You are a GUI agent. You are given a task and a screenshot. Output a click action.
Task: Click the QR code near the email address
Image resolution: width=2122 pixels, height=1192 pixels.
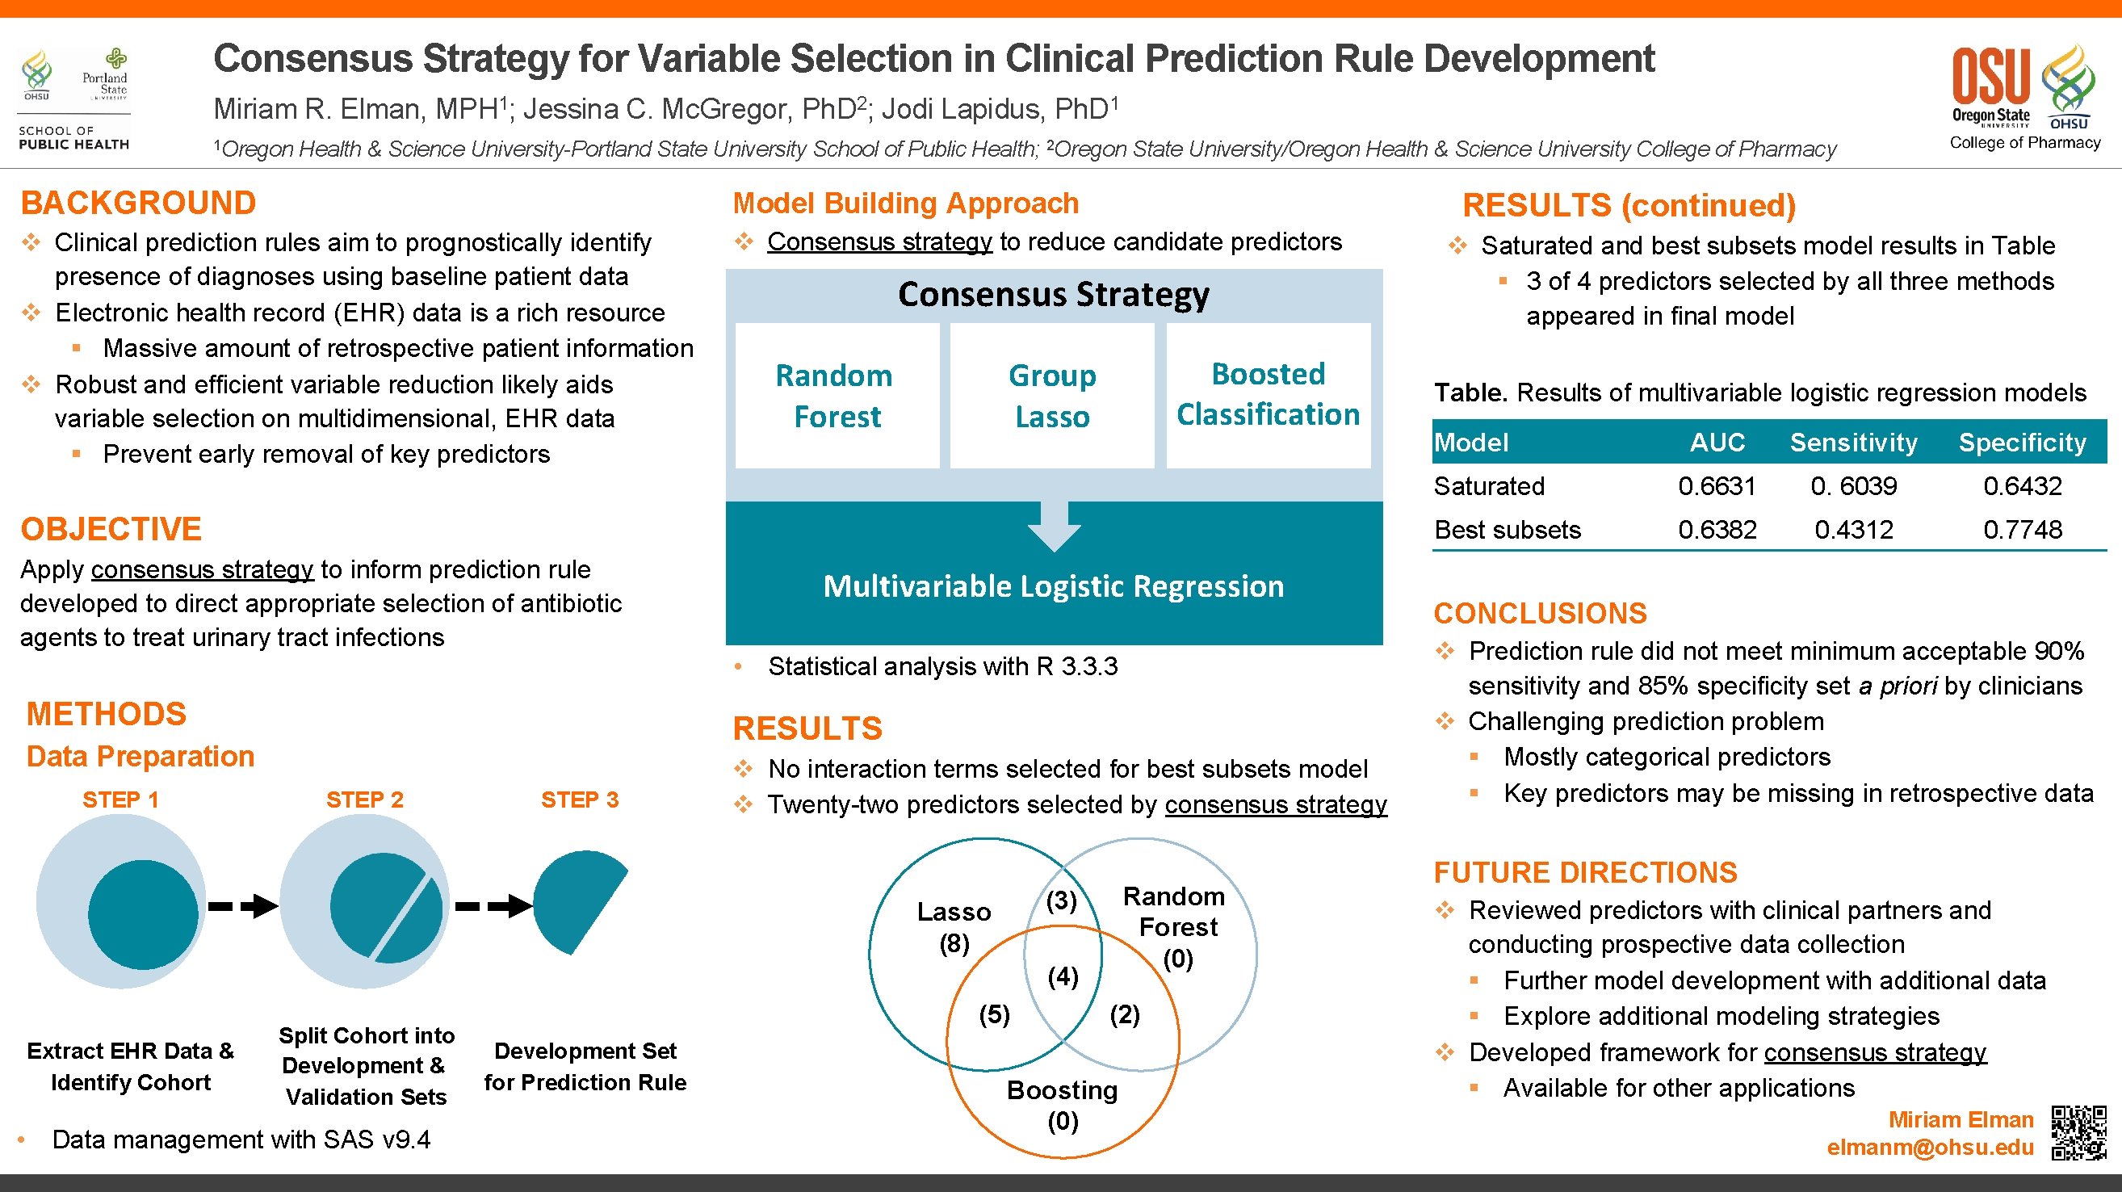pyautogui.click(x=2078, y=1131)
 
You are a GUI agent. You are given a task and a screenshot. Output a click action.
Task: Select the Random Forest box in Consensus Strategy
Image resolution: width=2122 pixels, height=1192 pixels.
pyautogui.click(x=836, y=397)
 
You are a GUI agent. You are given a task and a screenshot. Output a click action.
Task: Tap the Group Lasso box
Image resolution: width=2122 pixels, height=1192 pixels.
pyautogui.click(x=1052, y=397)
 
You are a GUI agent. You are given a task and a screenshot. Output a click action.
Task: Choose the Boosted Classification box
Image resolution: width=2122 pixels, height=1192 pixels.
pyautogui.click(x=1268, y=395)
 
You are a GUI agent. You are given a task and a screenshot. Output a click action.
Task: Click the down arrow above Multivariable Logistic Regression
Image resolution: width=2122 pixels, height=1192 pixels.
pyautogui.click(x=1055, y=527)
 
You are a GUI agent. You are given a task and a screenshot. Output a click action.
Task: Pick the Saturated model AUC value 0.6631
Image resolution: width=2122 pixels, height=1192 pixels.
pyautogui.click(x=1717, y=486)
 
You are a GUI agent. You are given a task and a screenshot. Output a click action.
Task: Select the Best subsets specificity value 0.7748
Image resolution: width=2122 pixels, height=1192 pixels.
pyautogui.click(x=2023, y=530)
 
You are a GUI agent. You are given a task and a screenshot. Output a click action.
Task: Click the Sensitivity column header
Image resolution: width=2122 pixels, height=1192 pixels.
pyautogui.click(x=1853, y=443)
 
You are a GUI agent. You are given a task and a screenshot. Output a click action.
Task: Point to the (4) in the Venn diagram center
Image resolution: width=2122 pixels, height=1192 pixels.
pyautogui.click(x=1063, y=977)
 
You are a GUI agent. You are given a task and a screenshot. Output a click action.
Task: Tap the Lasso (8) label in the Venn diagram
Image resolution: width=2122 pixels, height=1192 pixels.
pyautogui.click(x=954, y=928)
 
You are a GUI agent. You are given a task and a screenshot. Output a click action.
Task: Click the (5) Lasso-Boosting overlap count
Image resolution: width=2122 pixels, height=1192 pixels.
pyautogui.click(x=994, y=1014)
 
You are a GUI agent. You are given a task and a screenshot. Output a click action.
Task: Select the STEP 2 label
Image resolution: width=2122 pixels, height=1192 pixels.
pyautogui.click(x=364, y=800)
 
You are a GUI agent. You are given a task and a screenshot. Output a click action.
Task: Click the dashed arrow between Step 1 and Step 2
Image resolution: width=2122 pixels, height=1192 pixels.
pyautogui.click(x=243, y=906)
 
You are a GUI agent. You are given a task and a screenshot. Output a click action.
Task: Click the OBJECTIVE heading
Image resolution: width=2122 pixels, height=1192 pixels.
pyautogui.click(x=111, y=529)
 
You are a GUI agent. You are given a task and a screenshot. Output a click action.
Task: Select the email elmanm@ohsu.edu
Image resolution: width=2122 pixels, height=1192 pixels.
pyautogui.click(x=1929, y=1148)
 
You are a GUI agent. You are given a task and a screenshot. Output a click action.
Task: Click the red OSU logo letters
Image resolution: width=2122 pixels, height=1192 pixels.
pyautogui.click(x=1990, y=76)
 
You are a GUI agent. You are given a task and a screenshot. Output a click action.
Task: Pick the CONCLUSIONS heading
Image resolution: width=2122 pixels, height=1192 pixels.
pyautogui.click(x=1540, y=614)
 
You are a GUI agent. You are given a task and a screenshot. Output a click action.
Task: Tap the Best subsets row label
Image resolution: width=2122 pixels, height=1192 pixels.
pyautogui.click(x=1507, y=530)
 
